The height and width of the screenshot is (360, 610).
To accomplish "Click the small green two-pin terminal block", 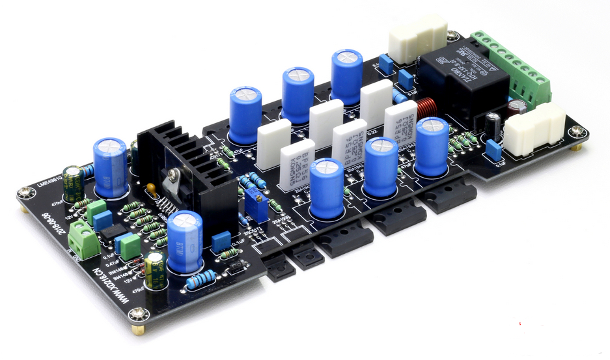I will pos(84,238).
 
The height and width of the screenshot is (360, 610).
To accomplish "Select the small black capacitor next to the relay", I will pos(493,125).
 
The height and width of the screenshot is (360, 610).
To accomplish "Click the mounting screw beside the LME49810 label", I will pos(25,193).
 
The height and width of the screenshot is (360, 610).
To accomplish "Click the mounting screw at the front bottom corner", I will pos(137,316).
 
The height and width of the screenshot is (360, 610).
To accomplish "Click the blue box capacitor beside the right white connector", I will pos(494,152).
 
